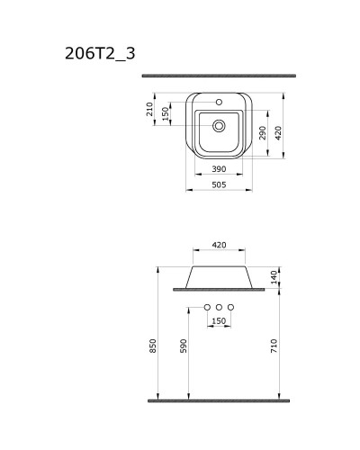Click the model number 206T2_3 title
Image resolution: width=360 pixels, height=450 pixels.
tap(100, 52)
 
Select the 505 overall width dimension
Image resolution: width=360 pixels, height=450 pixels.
tap(219, 184)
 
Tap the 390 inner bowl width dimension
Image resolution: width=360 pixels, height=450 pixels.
tap(219, 169)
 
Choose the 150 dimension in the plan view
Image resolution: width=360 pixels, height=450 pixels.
tap(165, 112)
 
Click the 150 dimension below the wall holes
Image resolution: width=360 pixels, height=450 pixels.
tap(219, 320)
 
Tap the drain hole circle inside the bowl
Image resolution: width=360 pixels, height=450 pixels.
tap(219, 125)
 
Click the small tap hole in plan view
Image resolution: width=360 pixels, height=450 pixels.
tap(219, 102)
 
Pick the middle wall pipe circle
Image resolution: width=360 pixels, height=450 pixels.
tap(219, 307)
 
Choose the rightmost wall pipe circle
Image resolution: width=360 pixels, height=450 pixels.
tap(231, 307)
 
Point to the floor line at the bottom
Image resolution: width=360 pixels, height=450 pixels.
tap(219, 399)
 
